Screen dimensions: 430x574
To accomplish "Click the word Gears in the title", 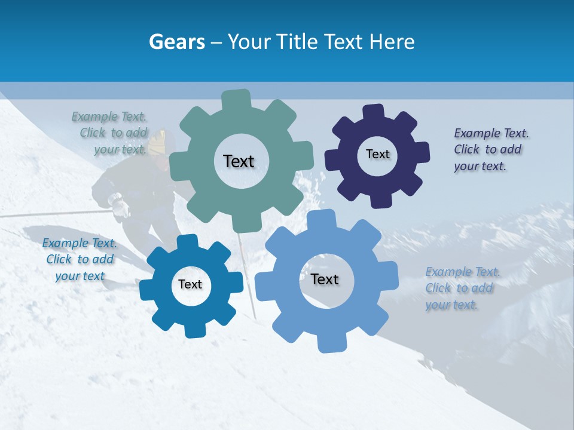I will point(176,42).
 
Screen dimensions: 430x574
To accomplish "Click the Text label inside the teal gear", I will point(239,161).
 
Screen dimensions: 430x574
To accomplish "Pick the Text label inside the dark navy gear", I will point(377,154).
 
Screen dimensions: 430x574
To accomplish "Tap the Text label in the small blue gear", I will point(190,284).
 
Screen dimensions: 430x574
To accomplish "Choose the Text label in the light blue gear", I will point(325,279).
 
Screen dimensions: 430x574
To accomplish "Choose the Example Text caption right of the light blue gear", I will point(462,288).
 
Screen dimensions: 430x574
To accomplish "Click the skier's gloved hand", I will point(120,205).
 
